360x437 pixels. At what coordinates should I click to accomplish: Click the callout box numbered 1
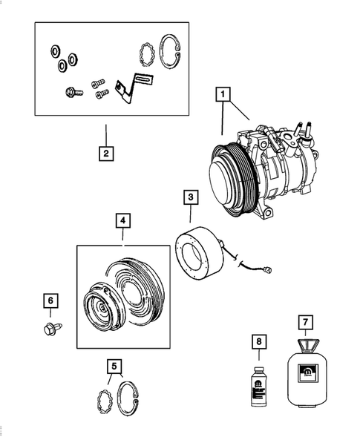[x=222, y=95]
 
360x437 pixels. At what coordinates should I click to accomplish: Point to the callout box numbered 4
[x=123, y=220]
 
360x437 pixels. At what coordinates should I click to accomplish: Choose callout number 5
[x=114, y=365]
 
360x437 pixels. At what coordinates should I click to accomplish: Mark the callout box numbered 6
[x=50, y=300]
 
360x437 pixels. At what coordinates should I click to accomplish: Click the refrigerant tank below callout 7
[x=305, y=375]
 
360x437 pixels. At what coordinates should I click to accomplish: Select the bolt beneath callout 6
[x=50, y=327]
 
